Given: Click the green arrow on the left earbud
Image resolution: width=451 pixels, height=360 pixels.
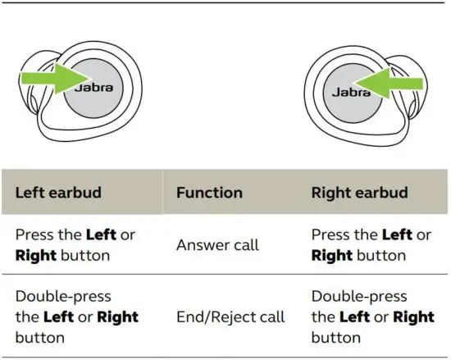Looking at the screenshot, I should pos(51,81).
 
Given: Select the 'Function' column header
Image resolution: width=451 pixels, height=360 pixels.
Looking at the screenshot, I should pos(209,193).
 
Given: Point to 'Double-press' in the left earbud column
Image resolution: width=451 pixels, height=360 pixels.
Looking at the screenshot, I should pos(62,296).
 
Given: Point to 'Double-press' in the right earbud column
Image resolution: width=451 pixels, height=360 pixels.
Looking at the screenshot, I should pos(358,296).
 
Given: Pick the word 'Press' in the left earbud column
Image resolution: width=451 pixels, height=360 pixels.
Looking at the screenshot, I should pos(36,235).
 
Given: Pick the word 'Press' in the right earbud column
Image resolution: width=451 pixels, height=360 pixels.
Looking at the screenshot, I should pos(332,235).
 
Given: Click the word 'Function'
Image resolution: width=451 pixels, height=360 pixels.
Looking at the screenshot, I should pos(209,193).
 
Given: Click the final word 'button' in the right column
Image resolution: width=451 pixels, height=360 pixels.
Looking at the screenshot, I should pos(335,337).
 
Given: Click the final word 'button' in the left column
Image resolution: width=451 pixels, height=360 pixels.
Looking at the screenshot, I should pos(39,337).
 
